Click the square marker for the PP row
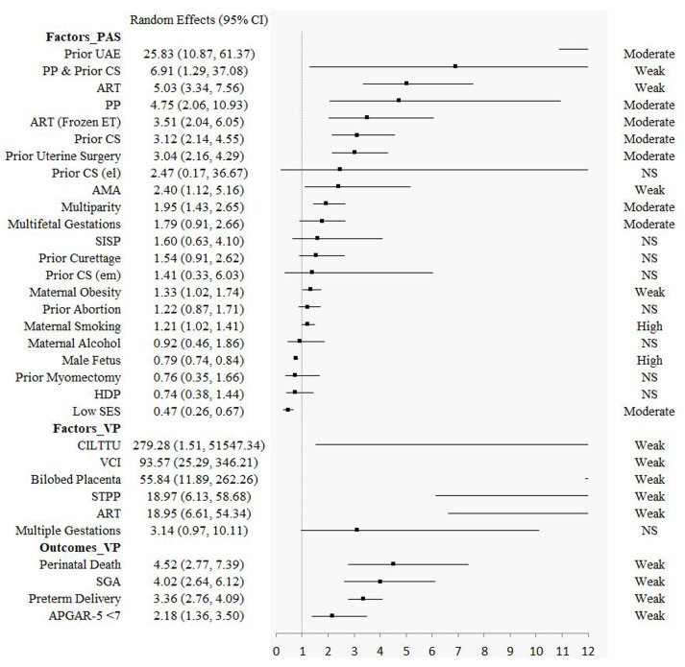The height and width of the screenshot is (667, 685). (399, 100)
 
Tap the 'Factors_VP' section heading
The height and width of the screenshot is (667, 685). (77, 427)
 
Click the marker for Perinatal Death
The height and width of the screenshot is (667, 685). (393, 563)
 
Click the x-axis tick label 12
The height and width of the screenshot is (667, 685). (587, 653)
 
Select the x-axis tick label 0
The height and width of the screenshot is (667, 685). (277, 653)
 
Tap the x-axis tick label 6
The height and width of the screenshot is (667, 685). (432, 653)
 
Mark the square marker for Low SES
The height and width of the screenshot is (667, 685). (288, 410)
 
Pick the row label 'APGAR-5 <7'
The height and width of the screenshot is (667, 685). (86, 615)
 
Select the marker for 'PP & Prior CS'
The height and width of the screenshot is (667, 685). (455, 66)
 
